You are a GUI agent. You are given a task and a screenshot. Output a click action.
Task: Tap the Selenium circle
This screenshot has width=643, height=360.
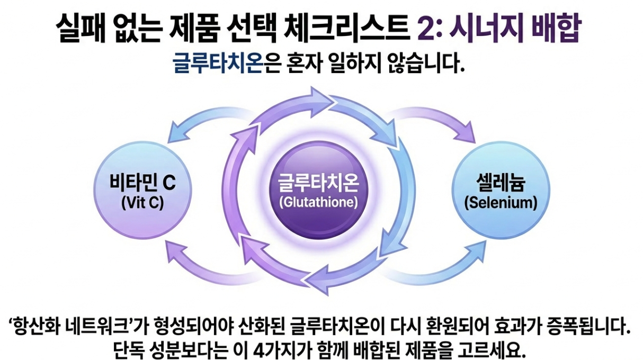(496, 192)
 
